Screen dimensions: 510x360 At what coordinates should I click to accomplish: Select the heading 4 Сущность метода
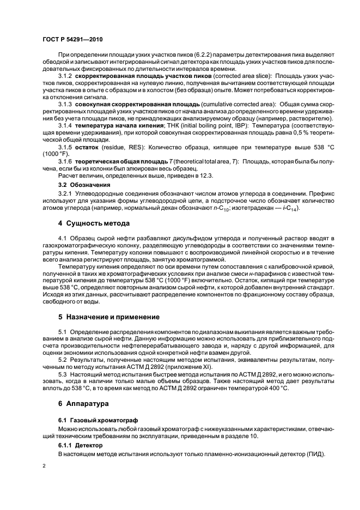pyautogui.click(x=94, y=223)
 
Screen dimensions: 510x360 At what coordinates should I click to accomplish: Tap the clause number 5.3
pyautogui.click(x=63, y=375)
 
